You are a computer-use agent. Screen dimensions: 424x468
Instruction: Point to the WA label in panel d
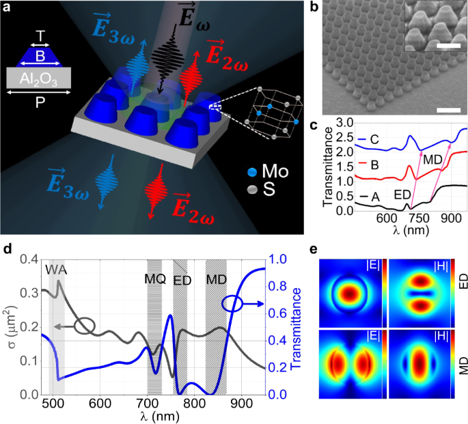pos(57,268)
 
